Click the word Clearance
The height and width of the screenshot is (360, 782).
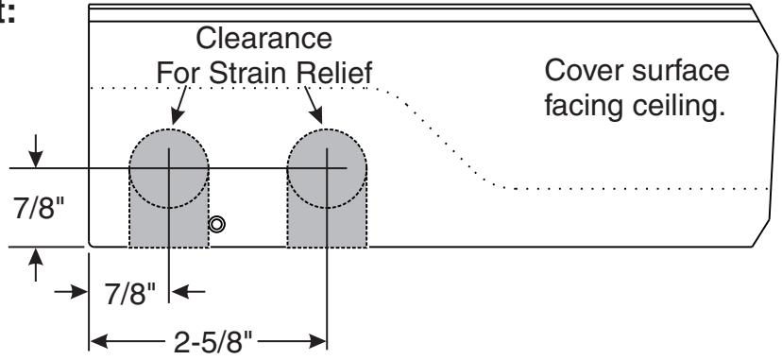[263, 38]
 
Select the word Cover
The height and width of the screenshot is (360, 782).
[585, 70]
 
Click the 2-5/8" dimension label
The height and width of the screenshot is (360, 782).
[213, 342]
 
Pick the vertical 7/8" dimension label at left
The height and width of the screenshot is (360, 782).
[40, 210]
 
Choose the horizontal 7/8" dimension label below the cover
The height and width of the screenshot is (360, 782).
[130, 294]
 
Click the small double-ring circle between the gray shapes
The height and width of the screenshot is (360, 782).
[217, 224]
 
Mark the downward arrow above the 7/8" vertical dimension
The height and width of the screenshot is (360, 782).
[35, 152]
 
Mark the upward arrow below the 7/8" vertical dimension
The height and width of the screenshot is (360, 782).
[35, 265]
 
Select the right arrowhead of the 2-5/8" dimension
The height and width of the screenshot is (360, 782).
[317, 342]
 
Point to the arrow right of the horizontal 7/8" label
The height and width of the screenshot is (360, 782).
[187, 291]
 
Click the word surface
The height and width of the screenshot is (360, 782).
[680, 70]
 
